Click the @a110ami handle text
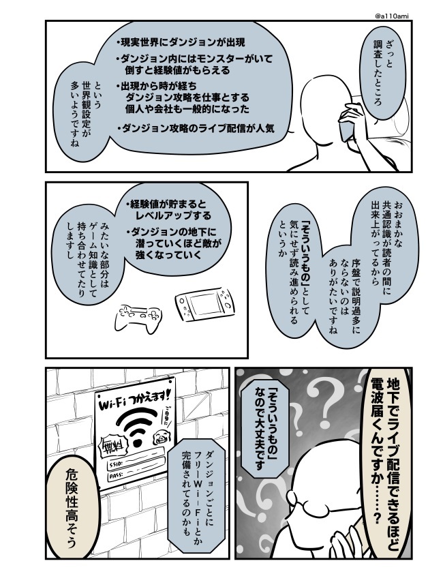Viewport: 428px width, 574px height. click(392, 16)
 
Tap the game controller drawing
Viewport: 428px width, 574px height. click(138, 318)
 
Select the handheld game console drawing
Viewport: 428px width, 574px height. click(204, 304)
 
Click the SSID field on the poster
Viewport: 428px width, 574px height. click(136, 459)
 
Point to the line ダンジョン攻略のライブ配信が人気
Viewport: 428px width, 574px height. click(196, 128)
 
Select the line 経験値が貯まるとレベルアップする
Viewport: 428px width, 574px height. click(168, 209)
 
